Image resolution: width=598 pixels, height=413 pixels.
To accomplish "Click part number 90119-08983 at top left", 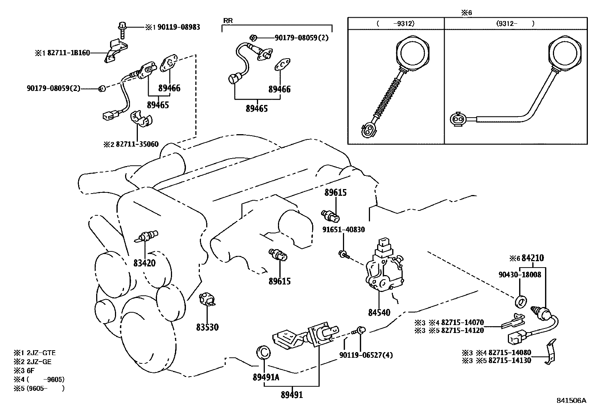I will (x=178, y=27).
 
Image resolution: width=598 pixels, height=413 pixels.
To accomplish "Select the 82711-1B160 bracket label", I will (x=68, y=53).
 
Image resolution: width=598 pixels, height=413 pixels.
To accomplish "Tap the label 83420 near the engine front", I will (x=144, y=263).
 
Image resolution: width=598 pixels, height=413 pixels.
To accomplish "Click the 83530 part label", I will (x=207, y=327).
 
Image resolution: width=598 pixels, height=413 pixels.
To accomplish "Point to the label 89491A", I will (x=266, y=377).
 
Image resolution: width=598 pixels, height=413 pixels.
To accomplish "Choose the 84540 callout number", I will (x=379, y=312).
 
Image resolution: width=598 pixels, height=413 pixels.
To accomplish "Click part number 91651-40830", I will (x=343, y=230).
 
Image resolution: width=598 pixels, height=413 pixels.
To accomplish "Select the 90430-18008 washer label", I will (x=520, y=275).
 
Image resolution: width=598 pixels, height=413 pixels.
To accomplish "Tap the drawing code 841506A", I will (x=571, y=401).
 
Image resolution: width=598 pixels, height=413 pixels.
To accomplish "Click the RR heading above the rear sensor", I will (x=228, y=21).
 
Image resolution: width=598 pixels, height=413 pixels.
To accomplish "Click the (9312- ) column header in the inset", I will (x=515, y=23).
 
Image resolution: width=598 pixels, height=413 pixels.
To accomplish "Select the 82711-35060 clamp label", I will (x=137, y=144).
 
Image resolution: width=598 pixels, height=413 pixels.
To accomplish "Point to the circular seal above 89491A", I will (x=264, y=352).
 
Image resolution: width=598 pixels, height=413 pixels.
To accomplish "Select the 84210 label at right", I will (x=533, y=258).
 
